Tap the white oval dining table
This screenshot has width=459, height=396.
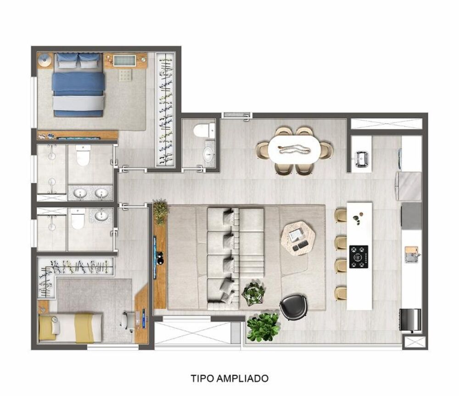[294, 150]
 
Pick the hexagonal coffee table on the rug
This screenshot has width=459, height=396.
[298, 237]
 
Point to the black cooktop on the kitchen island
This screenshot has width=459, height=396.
[358, 257]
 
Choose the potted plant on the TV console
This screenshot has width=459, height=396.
[160, 212]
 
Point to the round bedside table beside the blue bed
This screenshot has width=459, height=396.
[45, 60]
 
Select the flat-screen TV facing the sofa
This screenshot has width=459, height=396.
[155, 257]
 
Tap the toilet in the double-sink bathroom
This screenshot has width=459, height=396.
[83, 156]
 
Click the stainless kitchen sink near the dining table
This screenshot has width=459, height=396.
[362, 158]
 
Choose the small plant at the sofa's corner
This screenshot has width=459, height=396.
[253, 294]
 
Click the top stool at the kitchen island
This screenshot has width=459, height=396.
[341, 215]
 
